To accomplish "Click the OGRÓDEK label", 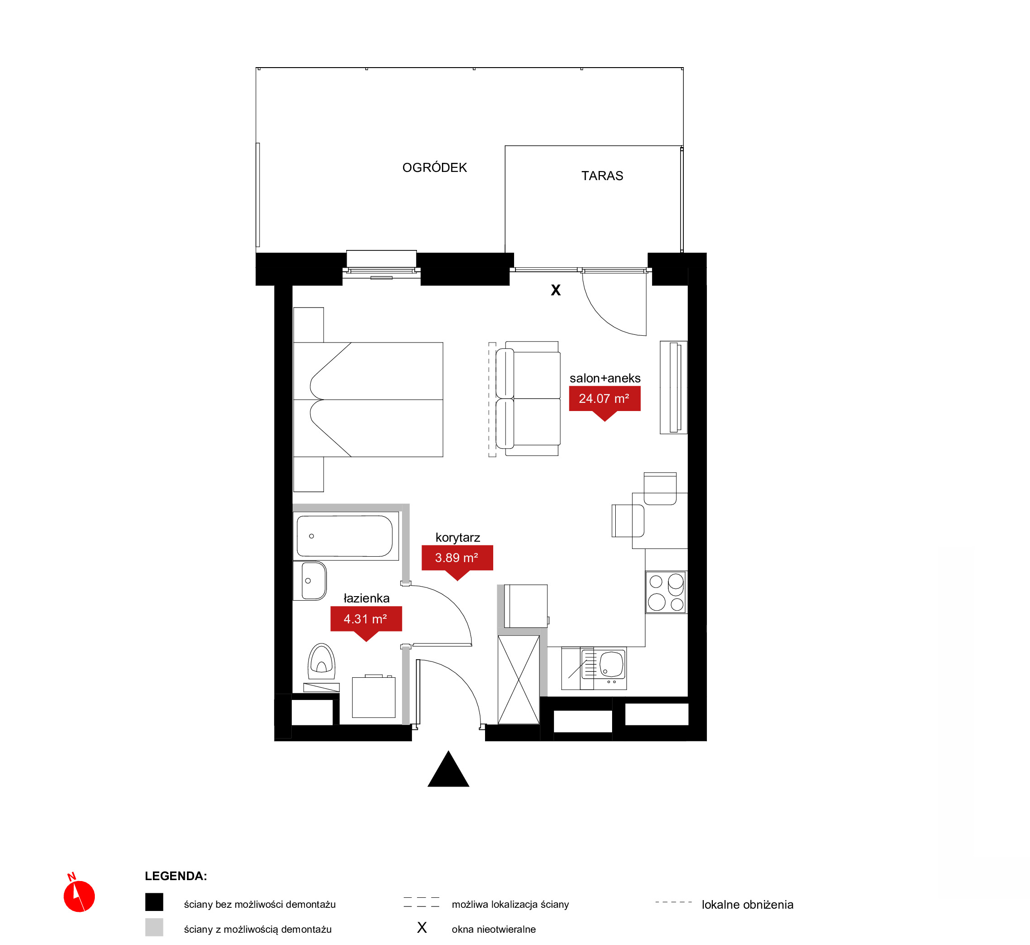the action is click(435, 168).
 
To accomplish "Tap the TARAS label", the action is click(602, 176).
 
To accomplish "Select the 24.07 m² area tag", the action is click(604, 399).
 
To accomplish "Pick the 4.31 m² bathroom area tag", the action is click(366, 620).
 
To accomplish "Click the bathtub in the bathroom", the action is click(345, 536).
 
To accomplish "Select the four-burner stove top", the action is click(666, 592).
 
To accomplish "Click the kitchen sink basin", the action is click(611, 664).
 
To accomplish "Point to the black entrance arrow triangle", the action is click(448, 769).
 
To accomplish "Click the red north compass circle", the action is click(79, 896).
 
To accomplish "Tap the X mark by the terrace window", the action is click(556, 290).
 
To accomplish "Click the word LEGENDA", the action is click(176, 876).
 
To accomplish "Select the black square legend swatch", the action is click(154, 902).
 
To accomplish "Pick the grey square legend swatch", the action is click(154, 927).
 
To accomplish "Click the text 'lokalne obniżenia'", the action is click(747, 905).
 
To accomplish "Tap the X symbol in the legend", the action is click(422, 928).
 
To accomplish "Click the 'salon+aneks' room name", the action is click(605, 378).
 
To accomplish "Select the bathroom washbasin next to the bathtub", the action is click(310, 581).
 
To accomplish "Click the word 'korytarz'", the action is click(458, 538).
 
